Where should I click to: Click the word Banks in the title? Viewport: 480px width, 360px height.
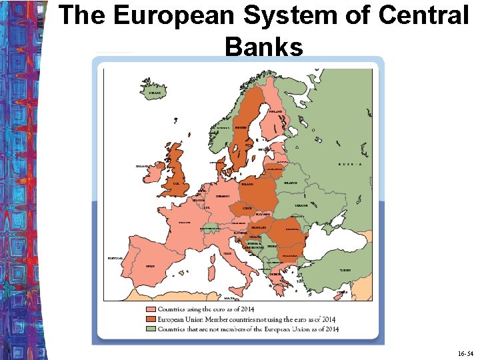264,47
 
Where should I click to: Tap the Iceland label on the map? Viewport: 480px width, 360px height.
154,93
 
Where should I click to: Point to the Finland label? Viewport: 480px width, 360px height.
275,111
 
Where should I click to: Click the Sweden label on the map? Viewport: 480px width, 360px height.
241,127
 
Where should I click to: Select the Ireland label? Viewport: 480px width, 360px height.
142,166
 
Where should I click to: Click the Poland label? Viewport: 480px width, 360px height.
247,183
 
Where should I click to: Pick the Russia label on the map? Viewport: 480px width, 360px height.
350,163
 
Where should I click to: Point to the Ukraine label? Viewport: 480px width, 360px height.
301,206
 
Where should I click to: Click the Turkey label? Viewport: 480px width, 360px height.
344,270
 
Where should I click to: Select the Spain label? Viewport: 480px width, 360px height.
151,265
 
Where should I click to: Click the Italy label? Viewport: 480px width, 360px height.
227,253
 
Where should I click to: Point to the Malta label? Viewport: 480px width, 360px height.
230,299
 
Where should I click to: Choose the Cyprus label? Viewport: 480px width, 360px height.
342,292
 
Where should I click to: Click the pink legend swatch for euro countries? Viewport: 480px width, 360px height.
151,309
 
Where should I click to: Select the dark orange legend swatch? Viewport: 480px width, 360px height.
151,319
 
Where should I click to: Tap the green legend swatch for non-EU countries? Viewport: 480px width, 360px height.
151,329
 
